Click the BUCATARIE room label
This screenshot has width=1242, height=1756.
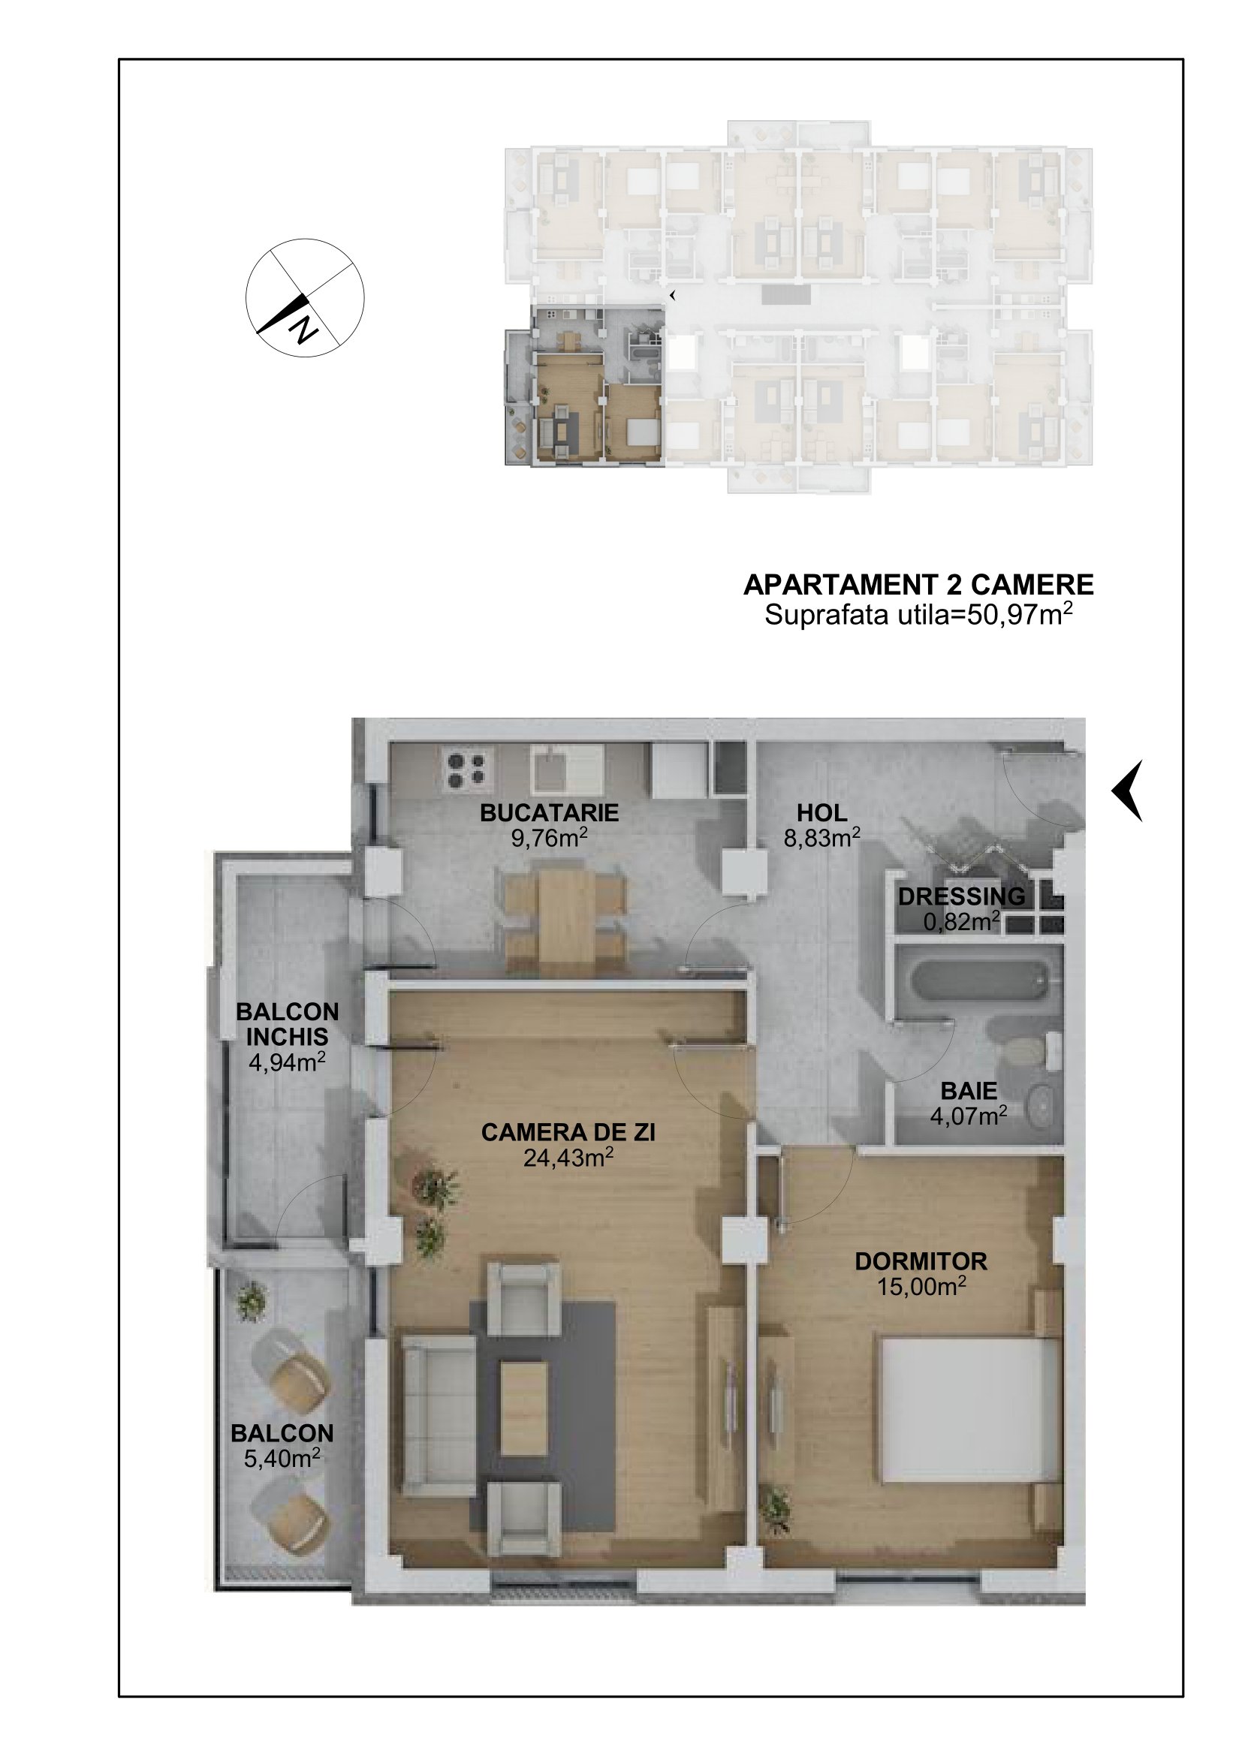[549, 812]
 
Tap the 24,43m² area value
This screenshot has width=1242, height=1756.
[568, 1157]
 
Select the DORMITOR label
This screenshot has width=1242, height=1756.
[921, 1261]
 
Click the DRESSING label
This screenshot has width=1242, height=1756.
[961, 896]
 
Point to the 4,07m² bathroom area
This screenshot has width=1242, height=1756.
[968, 1116]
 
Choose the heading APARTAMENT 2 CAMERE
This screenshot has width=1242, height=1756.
[918, 585]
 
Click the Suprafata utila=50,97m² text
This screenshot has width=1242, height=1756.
[918, 614]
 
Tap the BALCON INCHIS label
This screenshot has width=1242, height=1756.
[288, 1024]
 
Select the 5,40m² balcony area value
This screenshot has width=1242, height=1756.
[282, 1459]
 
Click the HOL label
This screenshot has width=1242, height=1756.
[822, 812]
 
